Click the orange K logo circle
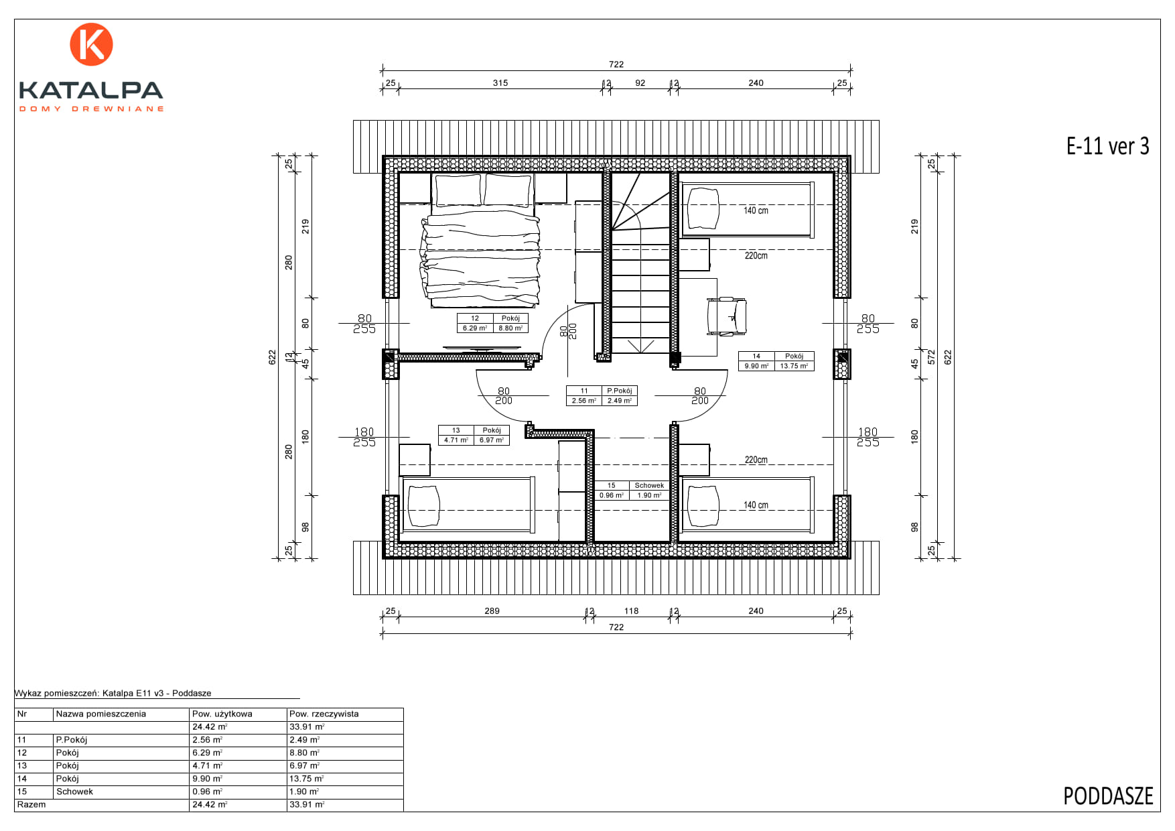[91, 44]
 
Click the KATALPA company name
[91, 90]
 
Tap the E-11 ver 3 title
[1107, 146]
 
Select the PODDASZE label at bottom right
[1108, 796]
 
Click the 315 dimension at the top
[500, 83]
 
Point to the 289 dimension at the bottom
[492, 611]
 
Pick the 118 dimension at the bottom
[631, 611]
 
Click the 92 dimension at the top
[640, 83]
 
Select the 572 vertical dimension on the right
[931, 357]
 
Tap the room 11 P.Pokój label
[602, 395]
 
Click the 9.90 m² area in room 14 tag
[756, 366]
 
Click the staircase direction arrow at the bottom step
[641, 346]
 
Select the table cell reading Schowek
[74, 791]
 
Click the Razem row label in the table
[31, 804]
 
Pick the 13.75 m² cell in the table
[306, 779]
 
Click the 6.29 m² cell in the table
[207, 753]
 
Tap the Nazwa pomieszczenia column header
[100, 714]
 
